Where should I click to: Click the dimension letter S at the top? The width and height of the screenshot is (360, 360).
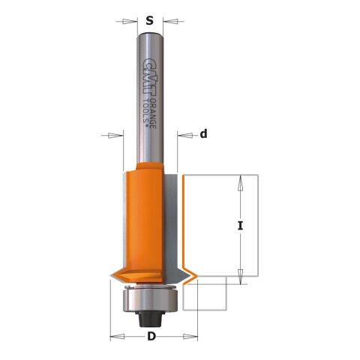pyautogui.click(x=150, y=21)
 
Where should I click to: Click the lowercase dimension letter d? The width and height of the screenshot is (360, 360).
pyautogui.click(x=203, y=135)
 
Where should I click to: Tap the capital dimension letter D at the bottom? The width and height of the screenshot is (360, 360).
pyautogui.click(x=151, y=337)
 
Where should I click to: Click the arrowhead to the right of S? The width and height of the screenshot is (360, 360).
pyautogui.click(x=172, y=22)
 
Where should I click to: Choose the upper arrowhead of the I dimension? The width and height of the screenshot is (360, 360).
pyautogui.click(x=241, y=180)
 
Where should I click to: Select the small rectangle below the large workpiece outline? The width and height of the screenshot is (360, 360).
pyautogui.click(x=205, y=293)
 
